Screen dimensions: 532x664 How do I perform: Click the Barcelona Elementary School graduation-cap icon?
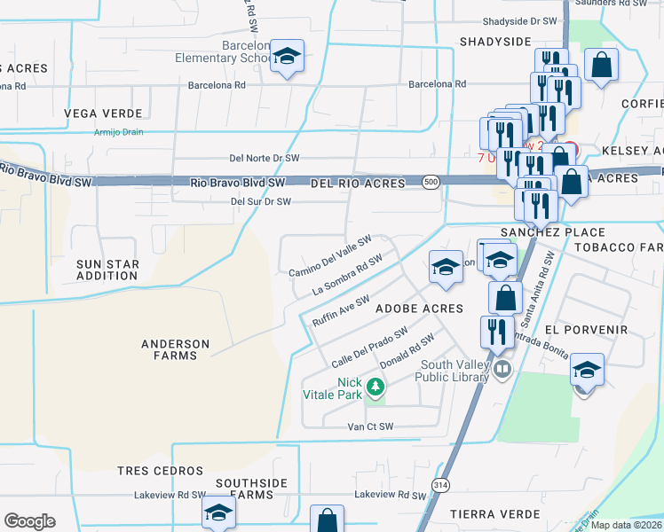tap(287, 58)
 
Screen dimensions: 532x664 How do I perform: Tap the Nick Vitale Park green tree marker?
tap(375, 387)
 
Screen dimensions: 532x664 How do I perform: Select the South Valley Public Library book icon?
tap(503, 367)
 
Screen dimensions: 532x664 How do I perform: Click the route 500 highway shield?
tap(431, 182)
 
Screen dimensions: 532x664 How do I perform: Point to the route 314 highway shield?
tap(440, 484)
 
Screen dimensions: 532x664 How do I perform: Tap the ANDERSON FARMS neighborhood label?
tap(176, 350)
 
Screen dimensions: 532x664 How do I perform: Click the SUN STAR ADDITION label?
tap(107, 270)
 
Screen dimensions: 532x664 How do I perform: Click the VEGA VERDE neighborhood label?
tap(104, 113)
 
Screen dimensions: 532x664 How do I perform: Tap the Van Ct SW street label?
tap(370, 426)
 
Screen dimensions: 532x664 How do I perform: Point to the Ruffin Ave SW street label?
tap(341, 311)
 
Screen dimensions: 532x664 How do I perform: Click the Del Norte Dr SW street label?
tap(264, 159)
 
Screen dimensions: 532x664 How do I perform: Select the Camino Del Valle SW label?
tap(330, 255)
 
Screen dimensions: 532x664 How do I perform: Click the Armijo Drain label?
tap(118, 132)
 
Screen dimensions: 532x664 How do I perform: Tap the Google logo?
tap(29, 521)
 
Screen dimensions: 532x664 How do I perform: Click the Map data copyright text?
tap(627, 525)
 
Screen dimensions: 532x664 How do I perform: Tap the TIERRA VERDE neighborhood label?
tap(494, 514)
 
